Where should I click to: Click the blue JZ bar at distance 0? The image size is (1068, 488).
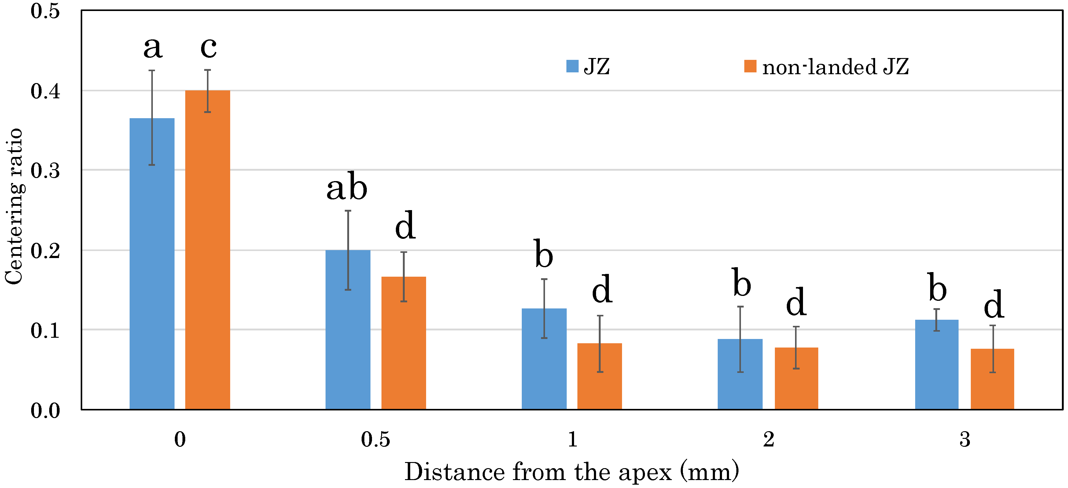click(152, 265)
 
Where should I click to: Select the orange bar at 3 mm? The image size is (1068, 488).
click(992, 379)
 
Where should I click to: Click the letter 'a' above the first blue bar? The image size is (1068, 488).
click(153, 47)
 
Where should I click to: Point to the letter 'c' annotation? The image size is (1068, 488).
click(208, 47)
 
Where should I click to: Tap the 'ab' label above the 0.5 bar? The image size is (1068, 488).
click(347, 187)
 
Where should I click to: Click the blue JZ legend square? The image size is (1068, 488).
click(572, 66)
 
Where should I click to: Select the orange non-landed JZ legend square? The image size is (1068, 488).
click(750, 66)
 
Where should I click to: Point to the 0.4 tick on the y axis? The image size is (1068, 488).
click(45, 91)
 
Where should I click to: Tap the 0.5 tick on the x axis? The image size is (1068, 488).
click(375, 439)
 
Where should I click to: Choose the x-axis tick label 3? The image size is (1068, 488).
click(965, 439)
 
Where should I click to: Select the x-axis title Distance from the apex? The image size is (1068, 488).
click(571, 472)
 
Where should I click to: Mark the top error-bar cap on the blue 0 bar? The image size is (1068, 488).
click(152, 71)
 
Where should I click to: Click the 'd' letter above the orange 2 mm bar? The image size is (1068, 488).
click(796, 302)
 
